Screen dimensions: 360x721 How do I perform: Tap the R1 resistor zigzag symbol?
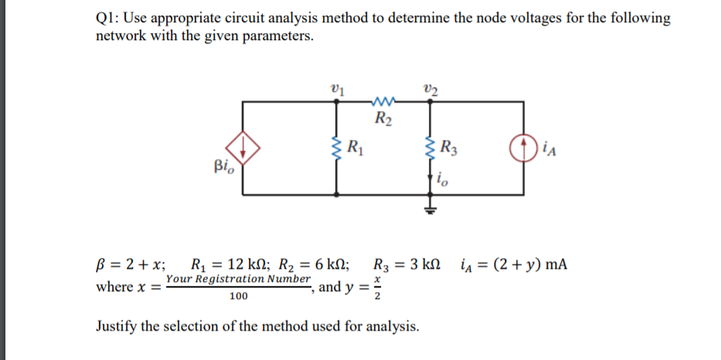(x=336, y=145)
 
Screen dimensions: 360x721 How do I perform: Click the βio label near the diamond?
(x=224, y=165)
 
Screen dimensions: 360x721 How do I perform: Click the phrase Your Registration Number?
(x=238, y=278)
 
